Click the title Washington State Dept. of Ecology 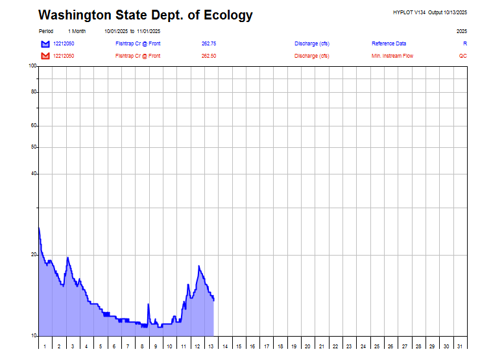[x=145, y=16]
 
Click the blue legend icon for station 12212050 [x=45, y=43]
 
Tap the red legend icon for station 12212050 [x=45, y=56]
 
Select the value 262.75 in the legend [x=209, y=43]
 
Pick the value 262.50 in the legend [x=209, y=56]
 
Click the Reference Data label [x=389, y=43]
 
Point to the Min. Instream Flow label [x=392, y=56]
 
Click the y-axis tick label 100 [x=32, y=66]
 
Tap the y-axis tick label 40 [x=34, y=174]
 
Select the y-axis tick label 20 [x=34, y=255]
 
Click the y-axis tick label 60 [x=34, y=126]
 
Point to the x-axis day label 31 [x=460, y=346]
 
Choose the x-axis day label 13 [x=211, y=346]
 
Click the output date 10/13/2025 [x=454, y=12]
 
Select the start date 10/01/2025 [x=115, y=31]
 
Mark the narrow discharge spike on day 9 [x=149, y=304]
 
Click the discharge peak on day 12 [x=199, y=266]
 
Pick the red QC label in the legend [x=462, y=56]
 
